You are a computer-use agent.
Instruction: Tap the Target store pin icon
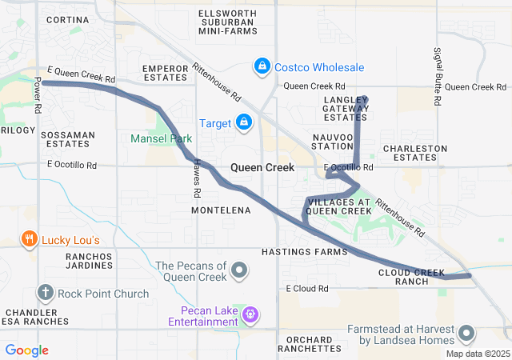(244, 122)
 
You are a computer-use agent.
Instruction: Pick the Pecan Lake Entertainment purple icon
(250, 314)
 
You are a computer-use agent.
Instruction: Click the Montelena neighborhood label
(221, 210)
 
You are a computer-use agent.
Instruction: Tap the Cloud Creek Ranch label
(412, 277)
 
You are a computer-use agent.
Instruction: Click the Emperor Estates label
(165, 74)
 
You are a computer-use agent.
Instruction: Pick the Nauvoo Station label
(331, 142)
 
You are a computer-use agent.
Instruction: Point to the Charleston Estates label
(414, 153)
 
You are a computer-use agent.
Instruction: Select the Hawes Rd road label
(194, 182)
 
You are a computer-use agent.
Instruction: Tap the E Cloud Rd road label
(308, 288)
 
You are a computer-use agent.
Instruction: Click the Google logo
(26, 350)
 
